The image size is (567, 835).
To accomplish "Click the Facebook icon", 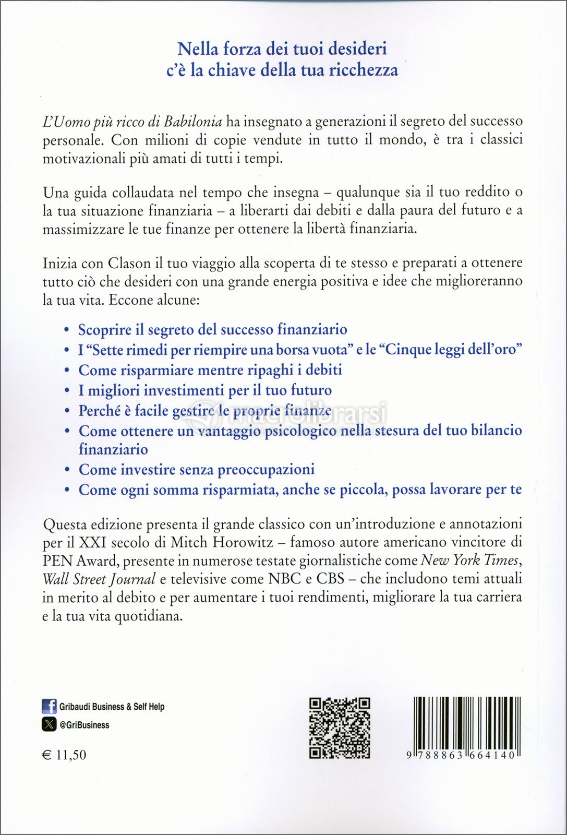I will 49,706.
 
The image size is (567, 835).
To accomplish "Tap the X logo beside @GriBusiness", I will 49,724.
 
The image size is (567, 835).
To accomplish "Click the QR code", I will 340,727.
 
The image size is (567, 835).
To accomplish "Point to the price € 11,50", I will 64,755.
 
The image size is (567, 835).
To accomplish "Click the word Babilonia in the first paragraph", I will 193,122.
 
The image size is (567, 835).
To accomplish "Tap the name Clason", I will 129,263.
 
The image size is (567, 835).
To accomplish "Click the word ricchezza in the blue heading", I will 363,70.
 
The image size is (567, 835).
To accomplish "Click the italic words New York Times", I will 469,560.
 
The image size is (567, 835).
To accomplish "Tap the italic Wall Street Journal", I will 99,579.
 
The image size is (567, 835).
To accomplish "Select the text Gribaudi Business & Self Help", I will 112,707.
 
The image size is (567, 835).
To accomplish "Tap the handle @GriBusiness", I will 84,725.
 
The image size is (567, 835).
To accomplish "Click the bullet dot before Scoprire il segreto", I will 66,330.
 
